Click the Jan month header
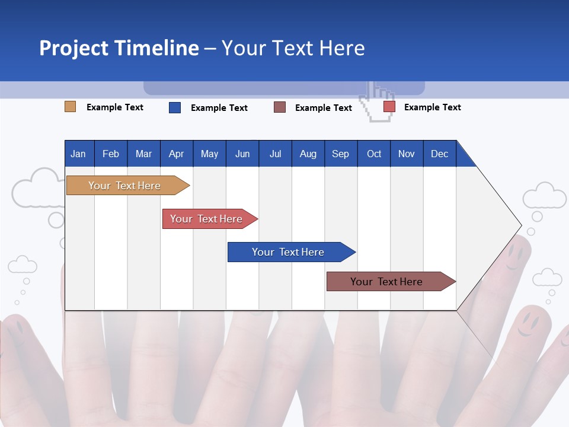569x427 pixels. tap(78, 154)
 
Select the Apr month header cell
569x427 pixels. tap(176, 154)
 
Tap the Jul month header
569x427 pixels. tap(275, 154)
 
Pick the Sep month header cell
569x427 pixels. tap(340, 154)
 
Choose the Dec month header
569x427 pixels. tap(439, 154)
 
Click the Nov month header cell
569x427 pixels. tap(406, 154)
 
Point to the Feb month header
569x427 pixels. tap(110, 154)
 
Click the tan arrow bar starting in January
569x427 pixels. tap(124, 186)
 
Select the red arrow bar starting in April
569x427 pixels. tap(206, 219)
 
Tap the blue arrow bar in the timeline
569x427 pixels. tap(288, 252)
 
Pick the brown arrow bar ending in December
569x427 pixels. tap(386, 282)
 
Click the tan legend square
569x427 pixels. tap(70, 107)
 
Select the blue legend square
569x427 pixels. tap(174, 107)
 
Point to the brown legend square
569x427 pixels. tap(280, 107)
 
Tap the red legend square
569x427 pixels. tap(389, 107)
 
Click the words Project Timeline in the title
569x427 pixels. tap(119, 48)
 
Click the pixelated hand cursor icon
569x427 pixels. tap(378, 102)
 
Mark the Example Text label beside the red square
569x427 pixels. tap(432, 107)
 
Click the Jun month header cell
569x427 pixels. tap(242, 154)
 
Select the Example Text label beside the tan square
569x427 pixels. tap(114, 107)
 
